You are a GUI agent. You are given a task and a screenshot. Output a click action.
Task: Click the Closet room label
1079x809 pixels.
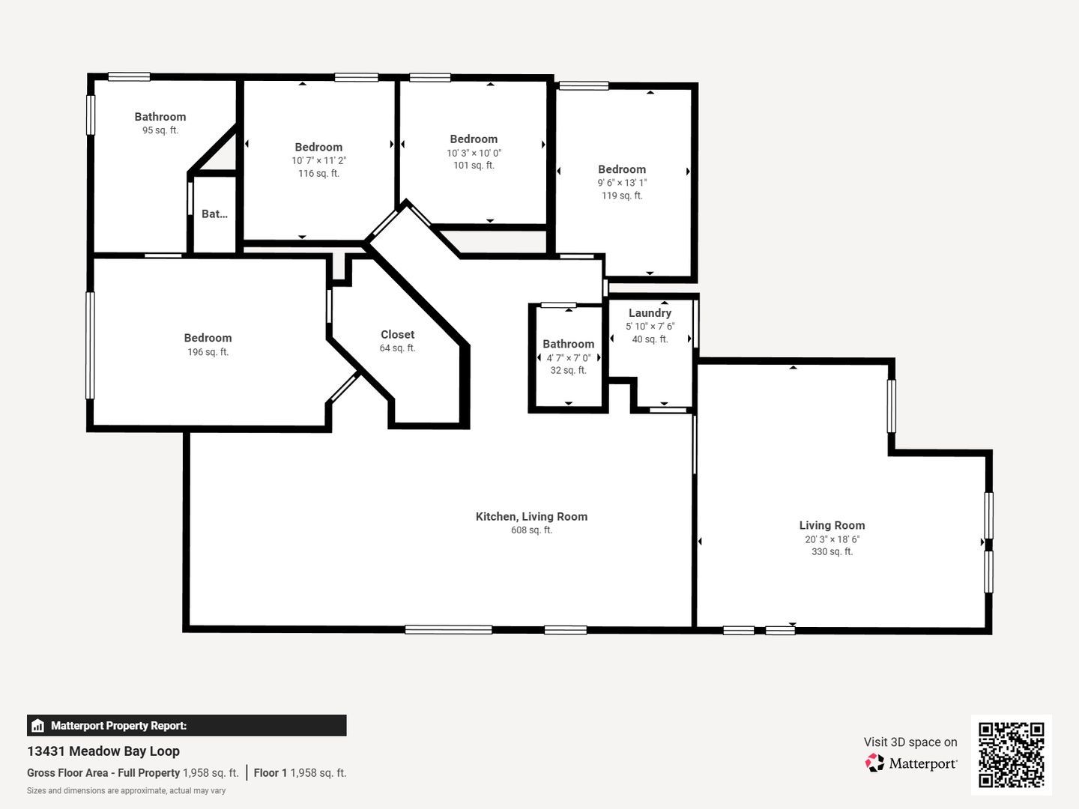397,335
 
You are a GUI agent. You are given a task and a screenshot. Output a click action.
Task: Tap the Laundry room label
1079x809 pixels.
650,313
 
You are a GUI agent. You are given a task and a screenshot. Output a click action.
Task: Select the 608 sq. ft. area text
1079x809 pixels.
531,530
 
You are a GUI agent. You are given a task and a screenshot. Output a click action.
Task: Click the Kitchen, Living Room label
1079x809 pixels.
531,517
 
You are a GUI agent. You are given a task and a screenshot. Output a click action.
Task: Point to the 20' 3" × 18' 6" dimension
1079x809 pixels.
832,539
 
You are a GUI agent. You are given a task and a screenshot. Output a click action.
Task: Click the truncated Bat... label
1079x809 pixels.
214,213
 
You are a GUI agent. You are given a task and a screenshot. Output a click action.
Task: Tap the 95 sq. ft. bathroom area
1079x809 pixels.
160,130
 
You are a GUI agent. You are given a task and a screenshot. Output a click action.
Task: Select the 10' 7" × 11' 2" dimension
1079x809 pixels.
318,160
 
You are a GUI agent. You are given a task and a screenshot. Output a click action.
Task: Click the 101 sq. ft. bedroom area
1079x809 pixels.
474,165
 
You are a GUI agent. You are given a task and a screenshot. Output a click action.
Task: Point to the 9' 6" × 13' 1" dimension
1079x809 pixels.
622,183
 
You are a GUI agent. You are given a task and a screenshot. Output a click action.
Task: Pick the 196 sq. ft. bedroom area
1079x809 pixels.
208,352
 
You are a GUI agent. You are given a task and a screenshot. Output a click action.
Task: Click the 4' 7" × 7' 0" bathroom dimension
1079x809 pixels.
568,357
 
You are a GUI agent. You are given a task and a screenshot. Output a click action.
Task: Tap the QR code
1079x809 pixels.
1011,754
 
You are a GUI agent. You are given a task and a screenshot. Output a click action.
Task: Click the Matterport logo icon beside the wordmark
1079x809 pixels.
874,763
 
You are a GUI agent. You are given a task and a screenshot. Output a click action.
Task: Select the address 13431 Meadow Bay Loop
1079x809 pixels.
103,751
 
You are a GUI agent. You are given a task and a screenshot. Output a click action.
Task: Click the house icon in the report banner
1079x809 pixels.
37,726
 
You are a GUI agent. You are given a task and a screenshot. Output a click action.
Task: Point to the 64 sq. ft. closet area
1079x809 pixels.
397,348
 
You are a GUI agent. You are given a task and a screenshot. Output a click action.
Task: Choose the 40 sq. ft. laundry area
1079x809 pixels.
650,339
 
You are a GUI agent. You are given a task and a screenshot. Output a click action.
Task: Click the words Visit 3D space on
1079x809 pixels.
910,742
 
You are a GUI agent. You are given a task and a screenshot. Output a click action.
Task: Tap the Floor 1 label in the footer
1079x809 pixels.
270,772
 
